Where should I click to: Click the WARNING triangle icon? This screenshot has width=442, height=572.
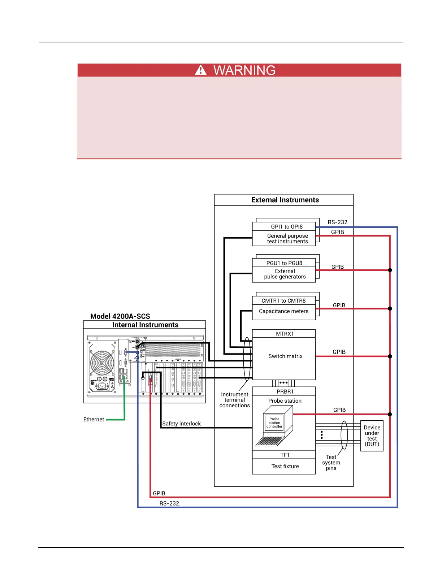[201, 70]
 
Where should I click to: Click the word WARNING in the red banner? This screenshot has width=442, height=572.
[244, 70]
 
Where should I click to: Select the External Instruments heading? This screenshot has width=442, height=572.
[285, 200]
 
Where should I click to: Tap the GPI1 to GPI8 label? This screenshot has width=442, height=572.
[287, 227]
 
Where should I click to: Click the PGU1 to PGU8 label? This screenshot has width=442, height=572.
[284, 263]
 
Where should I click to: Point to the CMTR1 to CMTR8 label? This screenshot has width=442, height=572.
[283, 301]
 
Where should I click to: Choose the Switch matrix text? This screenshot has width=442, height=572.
[285, 356]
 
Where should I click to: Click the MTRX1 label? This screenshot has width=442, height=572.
[285, 334]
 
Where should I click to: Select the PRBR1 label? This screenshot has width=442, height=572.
[285, 392]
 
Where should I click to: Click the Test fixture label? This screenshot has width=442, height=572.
[285, 466]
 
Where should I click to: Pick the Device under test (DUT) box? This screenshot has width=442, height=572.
[372, 436]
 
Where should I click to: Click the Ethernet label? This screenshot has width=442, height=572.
[94, 420]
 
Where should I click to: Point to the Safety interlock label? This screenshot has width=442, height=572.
[181, 424]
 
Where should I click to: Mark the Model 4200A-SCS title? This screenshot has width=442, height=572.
[120, 316]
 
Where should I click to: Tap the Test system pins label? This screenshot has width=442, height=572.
[331, 463]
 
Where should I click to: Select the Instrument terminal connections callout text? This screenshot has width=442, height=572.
[235, 400]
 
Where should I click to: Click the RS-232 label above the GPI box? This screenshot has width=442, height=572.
[337, 222]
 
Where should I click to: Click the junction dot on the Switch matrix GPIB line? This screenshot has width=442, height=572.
[390, 356]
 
